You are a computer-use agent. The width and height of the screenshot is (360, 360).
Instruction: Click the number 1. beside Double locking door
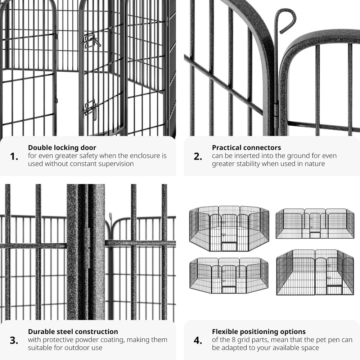[14, 157]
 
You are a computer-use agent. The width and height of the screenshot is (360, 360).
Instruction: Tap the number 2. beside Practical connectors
[198, 157]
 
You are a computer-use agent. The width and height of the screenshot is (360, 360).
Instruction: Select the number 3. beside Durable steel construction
[14, 341]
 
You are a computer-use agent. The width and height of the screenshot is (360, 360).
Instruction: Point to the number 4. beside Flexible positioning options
[198, 341]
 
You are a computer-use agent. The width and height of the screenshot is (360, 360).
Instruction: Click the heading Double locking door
[62, 148]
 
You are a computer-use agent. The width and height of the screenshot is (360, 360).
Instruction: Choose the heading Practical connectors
[246, 148]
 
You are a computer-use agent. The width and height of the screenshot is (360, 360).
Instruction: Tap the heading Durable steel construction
[73, 332]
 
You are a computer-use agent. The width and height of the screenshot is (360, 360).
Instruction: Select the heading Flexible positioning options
[259, 332]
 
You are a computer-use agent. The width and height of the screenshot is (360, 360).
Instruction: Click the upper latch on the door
[92, 41]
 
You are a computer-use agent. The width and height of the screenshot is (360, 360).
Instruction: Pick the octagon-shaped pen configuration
[229, 228]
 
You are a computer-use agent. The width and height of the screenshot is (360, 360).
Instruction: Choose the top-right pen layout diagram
[315, 224]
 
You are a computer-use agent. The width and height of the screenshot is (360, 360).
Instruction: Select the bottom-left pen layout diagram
[229, 275]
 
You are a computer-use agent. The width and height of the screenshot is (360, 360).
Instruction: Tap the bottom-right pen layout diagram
[315, 273]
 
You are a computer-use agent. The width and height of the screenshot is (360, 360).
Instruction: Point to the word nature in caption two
[315, 164]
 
